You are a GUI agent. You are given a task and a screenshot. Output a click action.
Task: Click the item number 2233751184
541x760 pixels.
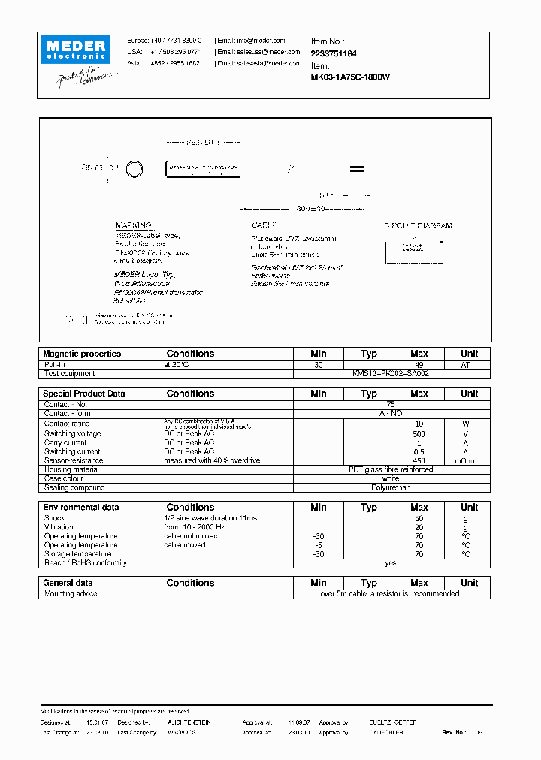[x=334, y=53]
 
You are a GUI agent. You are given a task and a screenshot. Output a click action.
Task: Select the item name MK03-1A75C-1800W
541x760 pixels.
[x=350, y=77]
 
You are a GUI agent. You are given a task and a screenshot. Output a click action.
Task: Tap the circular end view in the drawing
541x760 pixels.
[x=134, y=169]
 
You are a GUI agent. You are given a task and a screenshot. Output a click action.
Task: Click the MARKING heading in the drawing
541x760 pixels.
[x=133, y=225]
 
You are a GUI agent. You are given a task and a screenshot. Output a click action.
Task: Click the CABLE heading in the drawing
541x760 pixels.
[x=264, y=225]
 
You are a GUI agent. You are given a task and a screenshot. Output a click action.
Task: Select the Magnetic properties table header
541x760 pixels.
[x=82, y=354]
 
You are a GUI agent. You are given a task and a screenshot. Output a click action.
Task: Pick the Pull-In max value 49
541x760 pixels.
[x=419, y=364]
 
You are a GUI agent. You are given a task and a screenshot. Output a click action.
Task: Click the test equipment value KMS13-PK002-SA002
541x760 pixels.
[x=390, y=373]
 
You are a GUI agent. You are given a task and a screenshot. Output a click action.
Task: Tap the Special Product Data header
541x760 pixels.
[x=84, y=394]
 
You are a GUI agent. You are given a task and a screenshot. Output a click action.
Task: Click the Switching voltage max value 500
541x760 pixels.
[x=419, y=434]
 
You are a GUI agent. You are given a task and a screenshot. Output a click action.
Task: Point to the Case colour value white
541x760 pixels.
[x=390, y=478]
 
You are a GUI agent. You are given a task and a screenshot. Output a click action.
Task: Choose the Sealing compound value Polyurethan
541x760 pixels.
[x=390, y=487]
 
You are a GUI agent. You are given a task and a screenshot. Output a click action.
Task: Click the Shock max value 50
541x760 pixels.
[x=419, y=518]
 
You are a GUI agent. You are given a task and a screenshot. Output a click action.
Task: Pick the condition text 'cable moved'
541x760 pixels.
[x=184, y=545]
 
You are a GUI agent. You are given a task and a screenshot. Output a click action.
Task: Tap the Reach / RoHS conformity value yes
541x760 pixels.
[x=390, y=563]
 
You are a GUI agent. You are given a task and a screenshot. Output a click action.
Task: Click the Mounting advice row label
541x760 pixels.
[x=71, y=593]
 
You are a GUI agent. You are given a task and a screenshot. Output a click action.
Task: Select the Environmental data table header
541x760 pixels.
[x=81, y=508]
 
